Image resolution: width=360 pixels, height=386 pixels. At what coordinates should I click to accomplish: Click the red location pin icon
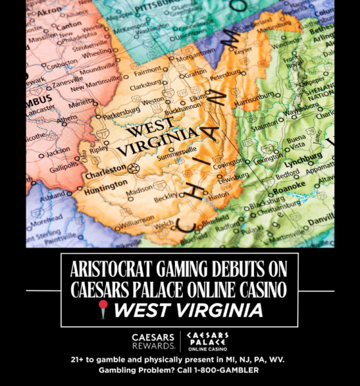click(x=104, y=310)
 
